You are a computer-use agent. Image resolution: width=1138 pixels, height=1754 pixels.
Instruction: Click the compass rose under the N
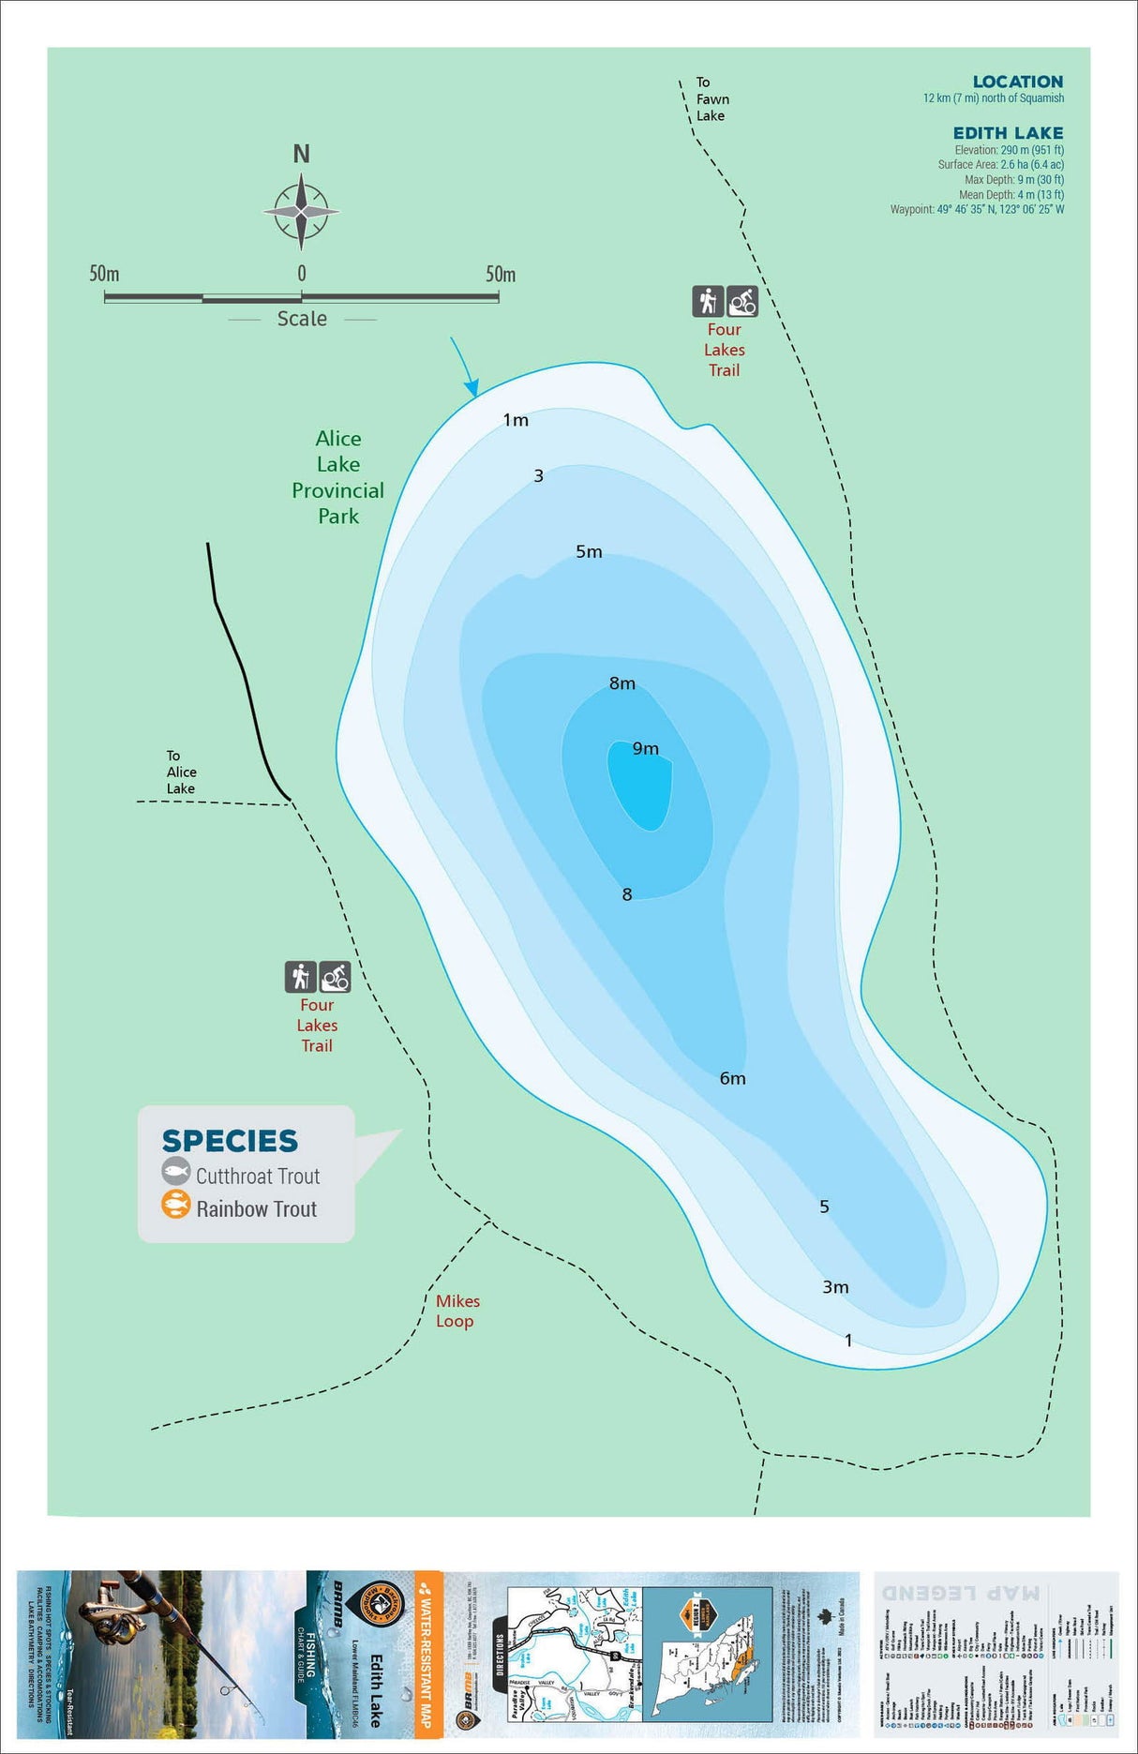point(301,212)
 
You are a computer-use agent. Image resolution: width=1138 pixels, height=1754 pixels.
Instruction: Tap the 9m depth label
point(645,748)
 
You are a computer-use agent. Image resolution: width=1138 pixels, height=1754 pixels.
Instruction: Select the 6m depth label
point(732,1078)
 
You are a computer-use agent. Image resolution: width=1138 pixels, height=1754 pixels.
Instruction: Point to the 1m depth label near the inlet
point(516,420)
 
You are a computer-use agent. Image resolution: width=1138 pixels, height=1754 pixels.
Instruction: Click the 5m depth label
point(589,551)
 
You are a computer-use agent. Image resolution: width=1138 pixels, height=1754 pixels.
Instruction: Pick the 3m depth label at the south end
point(835,1287)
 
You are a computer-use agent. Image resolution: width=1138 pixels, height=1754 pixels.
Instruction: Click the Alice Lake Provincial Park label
point(338,477)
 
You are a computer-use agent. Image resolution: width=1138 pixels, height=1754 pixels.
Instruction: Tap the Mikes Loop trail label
point(457,1311)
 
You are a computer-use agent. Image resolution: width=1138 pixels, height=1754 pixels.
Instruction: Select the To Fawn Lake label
point(711,98)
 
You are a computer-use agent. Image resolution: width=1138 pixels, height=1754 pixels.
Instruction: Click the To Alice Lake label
point(181,772)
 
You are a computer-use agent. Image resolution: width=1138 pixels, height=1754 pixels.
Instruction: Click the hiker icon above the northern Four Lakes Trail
point(708,301)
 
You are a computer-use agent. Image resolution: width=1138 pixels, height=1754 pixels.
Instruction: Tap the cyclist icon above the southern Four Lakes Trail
point(335,977)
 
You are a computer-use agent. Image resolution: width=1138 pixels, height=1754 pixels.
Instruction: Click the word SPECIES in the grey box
point(230,1140)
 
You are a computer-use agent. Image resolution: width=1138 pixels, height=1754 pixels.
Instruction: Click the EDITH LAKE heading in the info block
point(1008,133)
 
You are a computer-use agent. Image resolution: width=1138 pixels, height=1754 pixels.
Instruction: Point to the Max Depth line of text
point(1013,179)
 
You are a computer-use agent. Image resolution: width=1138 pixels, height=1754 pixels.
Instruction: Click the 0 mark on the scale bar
point(301,274)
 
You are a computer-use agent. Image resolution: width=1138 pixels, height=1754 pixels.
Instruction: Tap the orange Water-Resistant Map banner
point(428,1654)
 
